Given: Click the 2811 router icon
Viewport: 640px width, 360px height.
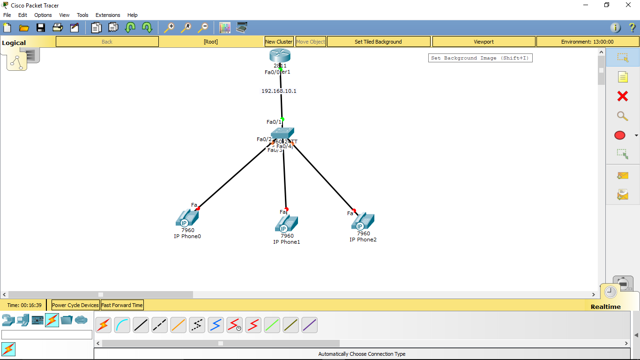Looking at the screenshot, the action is (280, 55).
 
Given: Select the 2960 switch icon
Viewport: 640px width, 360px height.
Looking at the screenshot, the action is (282, 134).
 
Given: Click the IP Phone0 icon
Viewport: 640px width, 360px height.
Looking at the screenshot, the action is (187, 218).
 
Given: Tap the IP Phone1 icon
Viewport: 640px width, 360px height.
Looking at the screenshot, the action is (286, 224).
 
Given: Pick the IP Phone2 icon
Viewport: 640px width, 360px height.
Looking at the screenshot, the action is (363, 221).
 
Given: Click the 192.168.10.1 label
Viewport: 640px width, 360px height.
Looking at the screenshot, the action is (279, 91).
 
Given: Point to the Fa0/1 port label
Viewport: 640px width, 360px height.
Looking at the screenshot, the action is (274, 122).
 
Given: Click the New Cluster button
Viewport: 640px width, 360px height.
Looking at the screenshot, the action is (279, 42).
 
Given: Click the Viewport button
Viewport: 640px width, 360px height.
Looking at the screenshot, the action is (484, 42).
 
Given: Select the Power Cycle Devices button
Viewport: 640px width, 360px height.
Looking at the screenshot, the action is (75, 305).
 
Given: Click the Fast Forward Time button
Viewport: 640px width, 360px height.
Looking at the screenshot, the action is (122, 305).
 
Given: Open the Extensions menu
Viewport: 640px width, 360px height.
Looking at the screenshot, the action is (108, 15).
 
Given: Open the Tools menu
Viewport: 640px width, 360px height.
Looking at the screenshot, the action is (82, 15).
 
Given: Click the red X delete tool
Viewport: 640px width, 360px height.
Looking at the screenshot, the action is (622, 96).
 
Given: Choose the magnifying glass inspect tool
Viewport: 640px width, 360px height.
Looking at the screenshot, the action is (622, 116).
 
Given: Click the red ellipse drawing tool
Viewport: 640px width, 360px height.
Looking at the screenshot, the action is (619, 135).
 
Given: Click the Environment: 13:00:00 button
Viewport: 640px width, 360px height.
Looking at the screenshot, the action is (587, 42).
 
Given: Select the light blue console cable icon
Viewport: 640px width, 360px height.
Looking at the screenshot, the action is (122, 325).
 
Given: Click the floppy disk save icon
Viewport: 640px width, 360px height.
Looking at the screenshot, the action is (41, 28).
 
